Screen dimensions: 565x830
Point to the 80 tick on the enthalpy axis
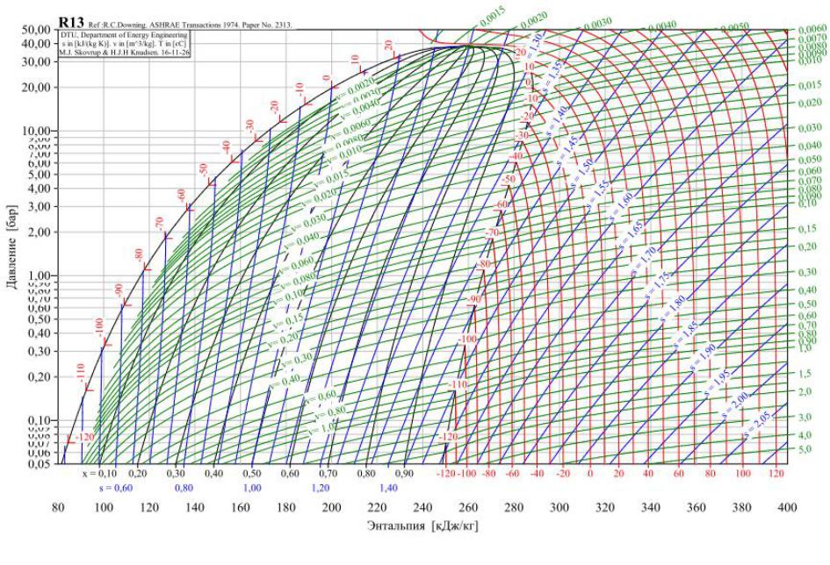point(58,508)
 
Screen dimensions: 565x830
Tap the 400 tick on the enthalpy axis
point(786,508)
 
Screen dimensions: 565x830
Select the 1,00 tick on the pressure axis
point(40,275)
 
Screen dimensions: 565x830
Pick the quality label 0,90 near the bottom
point(403,473)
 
